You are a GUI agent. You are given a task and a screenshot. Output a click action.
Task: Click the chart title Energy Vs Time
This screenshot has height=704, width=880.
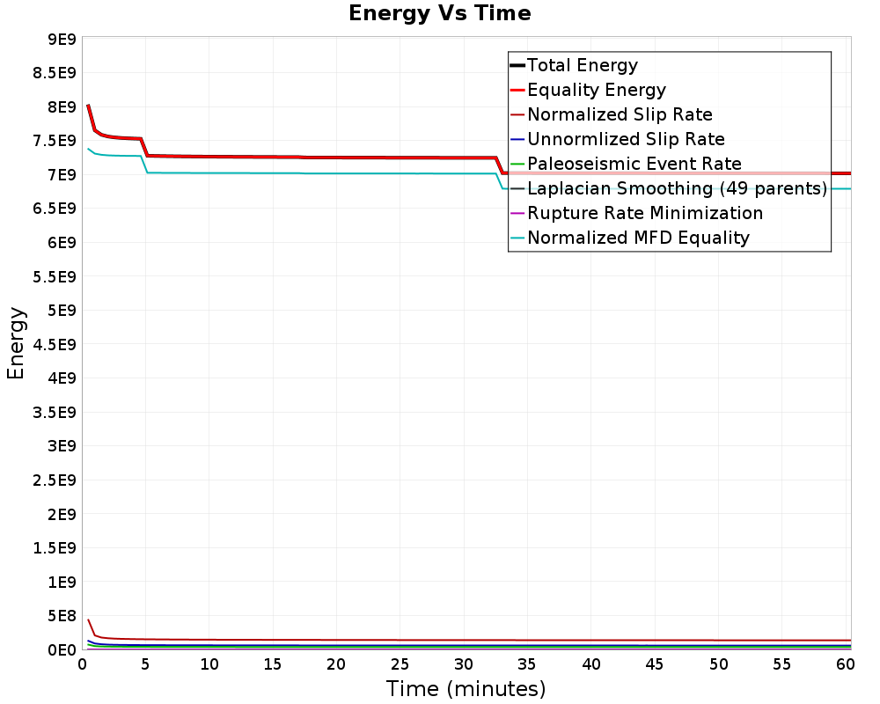440,13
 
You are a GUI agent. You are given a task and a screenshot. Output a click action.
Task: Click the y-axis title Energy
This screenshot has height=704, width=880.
16,342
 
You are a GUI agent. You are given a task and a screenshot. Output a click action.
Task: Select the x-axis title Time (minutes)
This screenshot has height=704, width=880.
466,688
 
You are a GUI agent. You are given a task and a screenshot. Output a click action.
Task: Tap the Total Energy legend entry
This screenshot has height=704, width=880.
582,65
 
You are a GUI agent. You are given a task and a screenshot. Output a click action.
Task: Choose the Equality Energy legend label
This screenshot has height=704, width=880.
596,90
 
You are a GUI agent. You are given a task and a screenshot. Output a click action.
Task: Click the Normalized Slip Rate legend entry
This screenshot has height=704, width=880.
620,114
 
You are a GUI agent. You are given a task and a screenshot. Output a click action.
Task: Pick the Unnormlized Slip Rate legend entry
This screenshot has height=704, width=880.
626,139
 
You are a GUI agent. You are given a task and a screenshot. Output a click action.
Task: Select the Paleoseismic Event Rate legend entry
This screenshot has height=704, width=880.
634,164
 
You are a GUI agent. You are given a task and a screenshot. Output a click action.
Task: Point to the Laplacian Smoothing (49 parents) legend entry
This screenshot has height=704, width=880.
676,188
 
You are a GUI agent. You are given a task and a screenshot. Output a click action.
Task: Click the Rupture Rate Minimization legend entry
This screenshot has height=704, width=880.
644,213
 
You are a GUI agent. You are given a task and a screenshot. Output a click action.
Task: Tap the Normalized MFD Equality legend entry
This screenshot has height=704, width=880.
638,238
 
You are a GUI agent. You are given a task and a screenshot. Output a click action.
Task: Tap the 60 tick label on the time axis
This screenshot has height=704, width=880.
845,664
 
